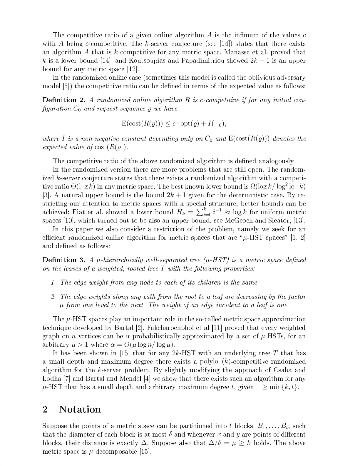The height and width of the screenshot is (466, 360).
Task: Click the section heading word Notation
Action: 80,409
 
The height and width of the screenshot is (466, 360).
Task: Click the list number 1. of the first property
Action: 53,283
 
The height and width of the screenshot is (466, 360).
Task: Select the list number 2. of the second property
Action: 53,297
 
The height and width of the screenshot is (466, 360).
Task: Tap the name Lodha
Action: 51,379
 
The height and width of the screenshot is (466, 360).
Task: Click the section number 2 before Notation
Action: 45,409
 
